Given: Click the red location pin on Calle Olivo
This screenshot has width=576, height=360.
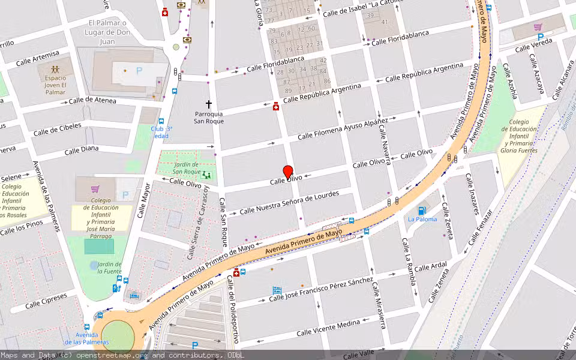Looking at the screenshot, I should (x=288, y=172).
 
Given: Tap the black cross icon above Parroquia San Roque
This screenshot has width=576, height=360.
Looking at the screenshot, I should (x=209, y=104).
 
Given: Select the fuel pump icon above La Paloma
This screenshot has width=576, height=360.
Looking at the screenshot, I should (x=422, y=210).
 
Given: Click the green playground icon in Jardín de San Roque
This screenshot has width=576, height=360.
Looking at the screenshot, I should (x=207, y=175).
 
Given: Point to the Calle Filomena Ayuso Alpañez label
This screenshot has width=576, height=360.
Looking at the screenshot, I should (x=343, y=128).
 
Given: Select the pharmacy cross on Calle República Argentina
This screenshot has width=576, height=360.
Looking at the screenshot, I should (x=276, y=106).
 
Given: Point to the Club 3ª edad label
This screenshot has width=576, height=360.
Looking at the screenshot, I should (x=161, y=132).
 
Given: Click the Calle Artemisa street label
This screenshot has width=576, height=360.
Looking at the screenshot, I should (x=38, y=58).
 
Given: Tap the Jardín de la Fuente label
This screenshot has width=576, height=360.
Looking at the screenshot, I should (x=109, y=268).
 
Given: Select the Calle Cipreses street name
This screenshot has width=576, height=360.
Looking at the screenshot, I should (x=46, y=301).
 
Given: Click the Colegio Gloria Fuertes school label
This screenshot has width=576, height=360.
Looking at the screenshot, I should (x=520, y=136).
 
